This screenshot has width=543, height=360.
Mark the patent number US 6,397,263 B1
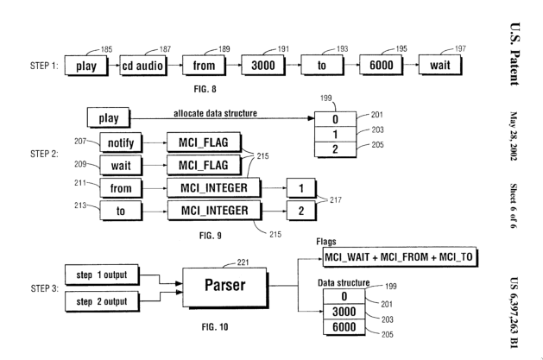(525, 302)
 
